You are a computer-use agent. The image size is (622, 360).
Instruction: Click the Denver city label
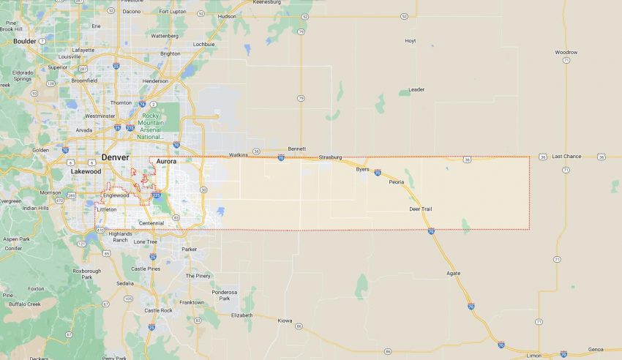pyautogui.click(x=115, y=157)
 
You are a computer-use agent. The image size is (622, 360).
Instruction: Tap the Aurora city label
pyautogui.click(x=166, y=161)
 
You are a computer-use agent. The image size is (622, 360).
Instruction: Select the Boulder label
pyautogui.click(x=25, y=42)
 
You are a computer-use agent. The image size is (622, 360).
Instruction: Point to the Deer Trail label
pyautogui.click(x=420, y=209)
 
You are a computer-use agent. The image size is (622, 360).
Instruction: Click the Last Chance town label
pyautogui.click(x=566, y=157)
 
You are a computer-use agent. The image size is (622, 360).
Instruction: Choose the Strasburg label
pyautogui.click(x=330, y=157)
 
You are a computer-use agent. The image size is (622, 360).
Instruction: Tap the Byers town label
pyautogui.click(x=362, y=169)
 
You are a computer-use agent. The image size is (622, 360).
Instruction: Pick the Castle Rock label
pyautogui.click(x=158, y=310)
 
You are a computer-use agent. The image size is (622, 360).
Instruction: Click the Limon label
pyautogui.click(x=534, y=356)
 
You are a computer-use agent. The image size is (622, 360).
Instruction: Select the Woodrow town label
pyautogui.click(x=566, y=53)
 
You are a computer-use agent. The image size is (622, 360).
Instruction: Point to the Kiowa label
pyautogui.click(x=285, y=320)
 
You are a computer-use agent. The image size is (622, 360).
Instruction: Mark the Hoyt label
pyautogui.click(x=410, y=41)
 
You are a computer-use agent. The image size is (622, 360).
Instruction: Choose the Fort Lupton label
pyautogui.click(x=173, y=12)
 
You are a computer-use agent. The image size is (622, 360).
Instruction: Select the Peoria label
pyautogui.click(x=397, y=181)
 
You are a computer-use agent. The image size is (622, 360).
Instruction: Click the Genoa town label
pyautogui.click(x=596, y=350)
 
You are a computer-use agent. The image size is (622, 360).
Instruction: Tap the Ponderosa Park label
pyautogui.click(x=225, y=295)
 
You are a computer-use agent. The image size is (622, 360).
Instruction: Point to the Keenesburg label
pyautogui.click(x=267, y=2)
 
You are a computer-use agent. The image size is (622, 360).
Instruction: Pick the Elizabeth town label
pyautogui.click(x=241, y=315)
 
